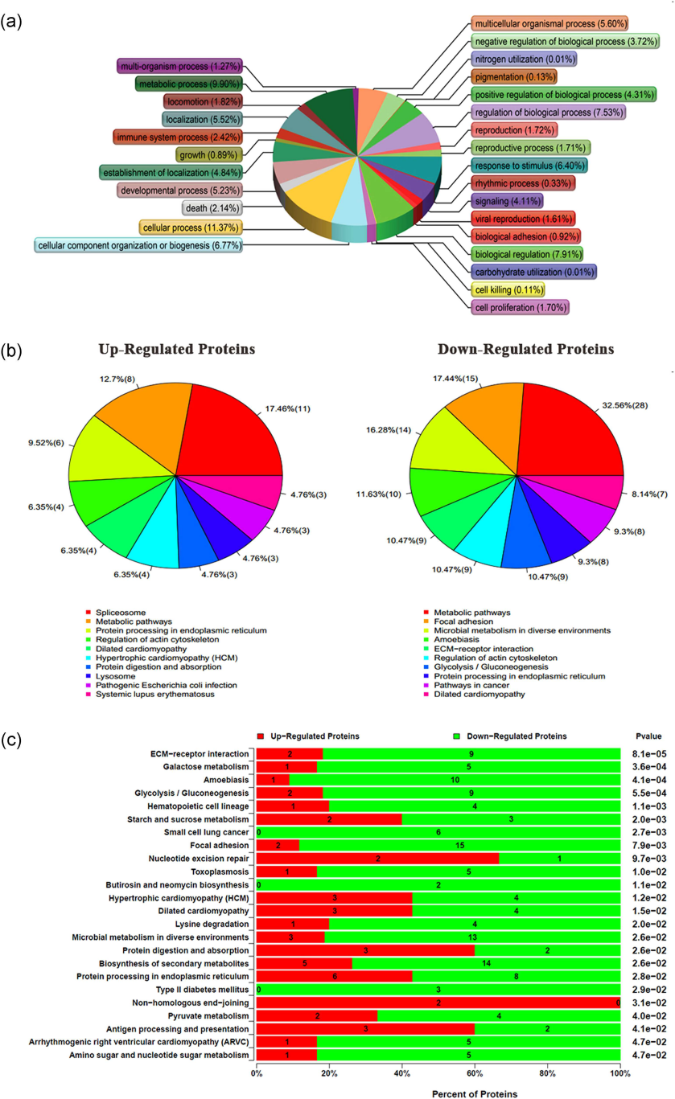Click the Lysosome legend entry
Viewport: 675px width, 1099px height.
click(112, 675)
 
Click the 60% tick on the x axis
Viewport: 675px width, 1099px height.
click(475, 1071)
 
